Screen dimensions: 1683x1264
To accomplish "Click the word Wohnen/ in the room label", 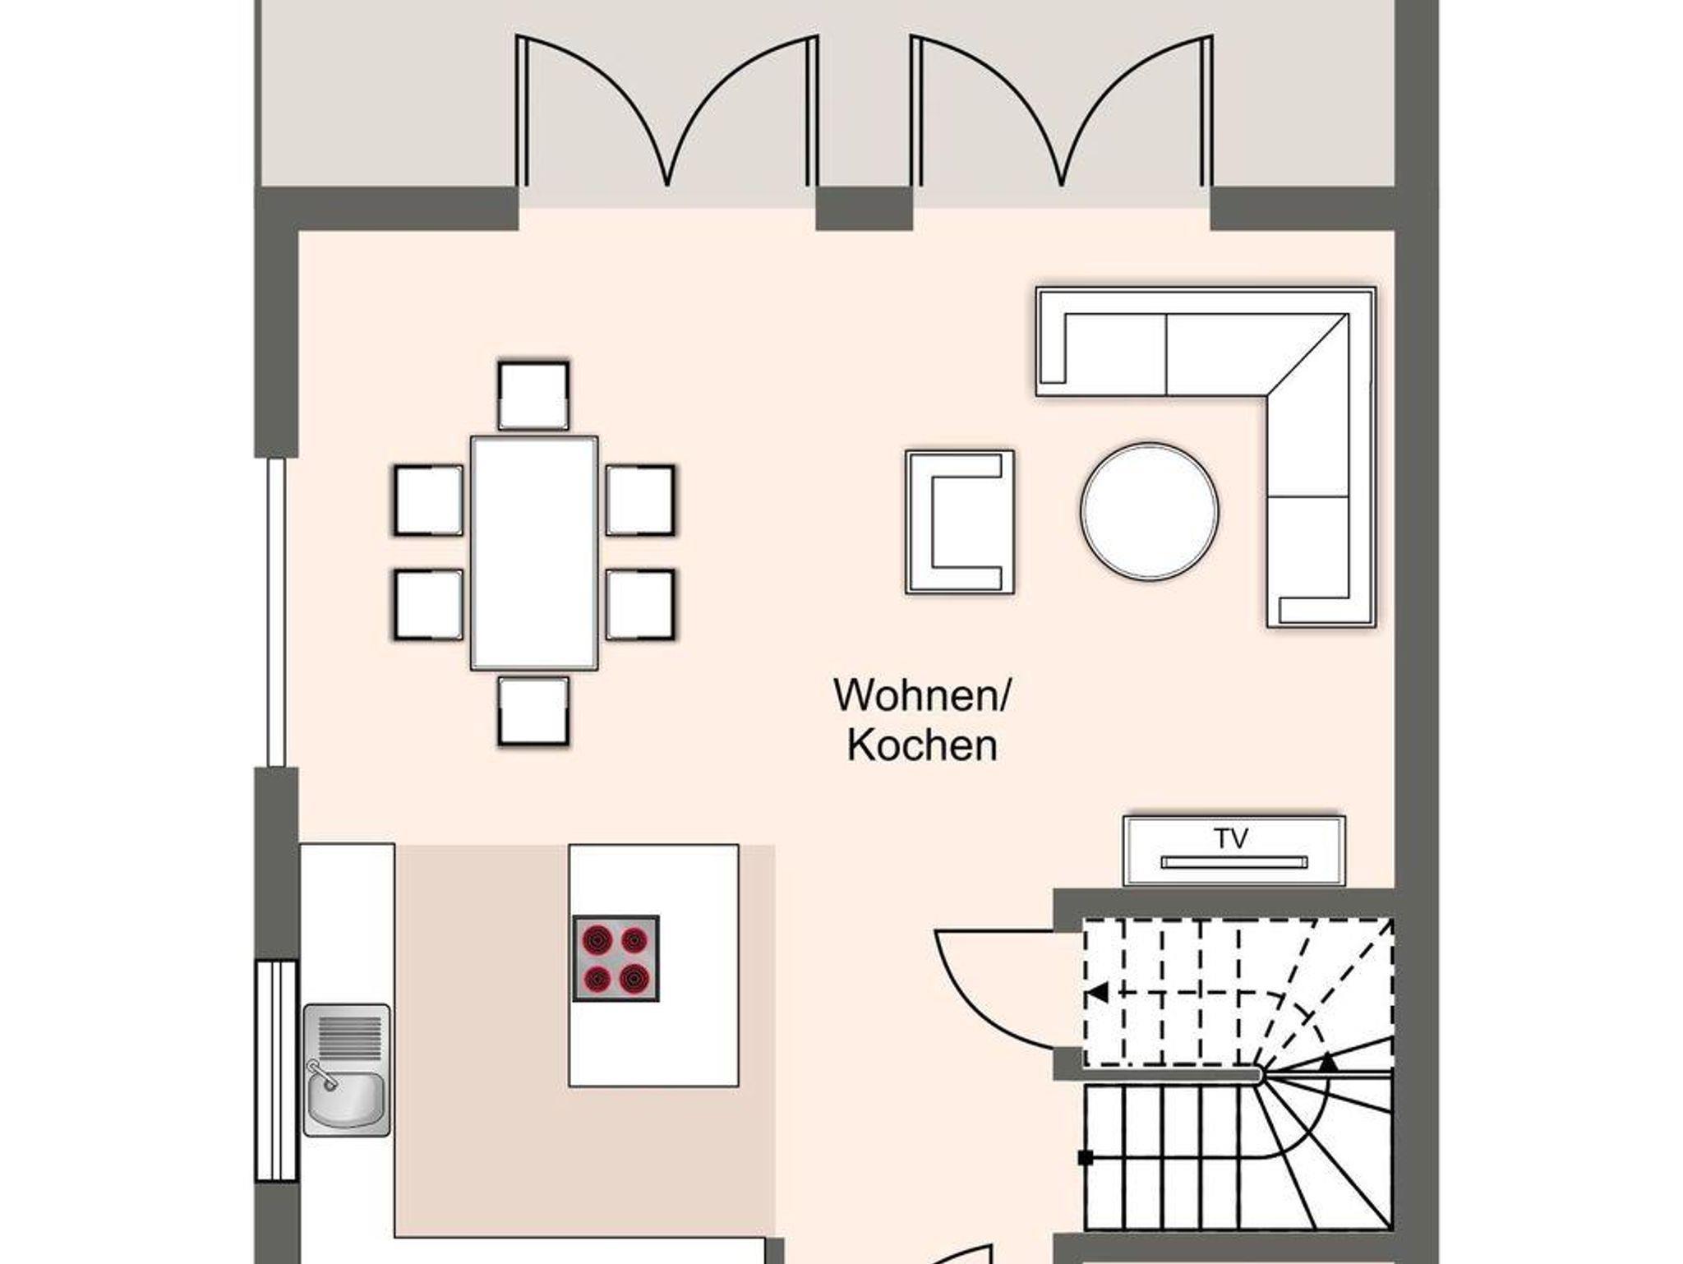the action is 922,696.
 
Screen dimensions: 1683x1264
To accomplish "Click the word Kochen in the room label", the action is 922,745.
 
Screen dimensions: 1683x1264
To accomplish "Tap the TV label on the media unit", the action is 1231,838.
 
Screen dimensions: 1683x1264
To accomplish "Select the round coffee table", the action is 1149,511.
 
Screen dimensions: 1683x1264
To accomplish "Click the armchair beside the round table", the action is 960,522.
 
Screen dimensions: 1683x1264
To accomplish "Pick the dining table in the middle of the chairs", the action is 534,552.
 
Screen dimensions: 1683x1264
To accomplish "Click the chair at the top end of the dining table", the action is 533,395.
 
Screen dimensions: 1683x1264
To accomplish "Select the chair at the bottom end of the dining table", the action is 533,711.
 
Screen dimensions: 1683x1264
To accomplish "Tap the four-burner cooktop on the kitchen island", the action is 616,958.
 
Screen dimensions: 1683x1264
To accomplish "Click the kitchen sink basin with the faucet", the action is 346,1101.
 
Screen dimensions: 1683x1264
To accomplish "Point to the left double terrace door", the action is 666,111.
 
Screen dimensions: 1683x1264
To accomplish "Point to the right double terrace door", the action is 1062,111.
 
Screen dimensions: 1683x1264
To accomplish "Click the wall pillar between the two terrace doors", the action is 865,209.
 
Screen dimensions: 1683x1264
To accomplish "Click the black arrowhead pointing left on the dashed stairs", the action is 1097,993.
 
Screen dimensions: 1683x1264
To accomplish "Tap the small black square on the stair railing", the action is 1086,1158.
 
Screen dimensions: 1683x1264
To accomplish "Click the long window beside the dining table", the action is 276,612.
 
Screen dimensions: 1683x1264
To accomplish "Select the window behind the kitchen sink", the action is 276,1072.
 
